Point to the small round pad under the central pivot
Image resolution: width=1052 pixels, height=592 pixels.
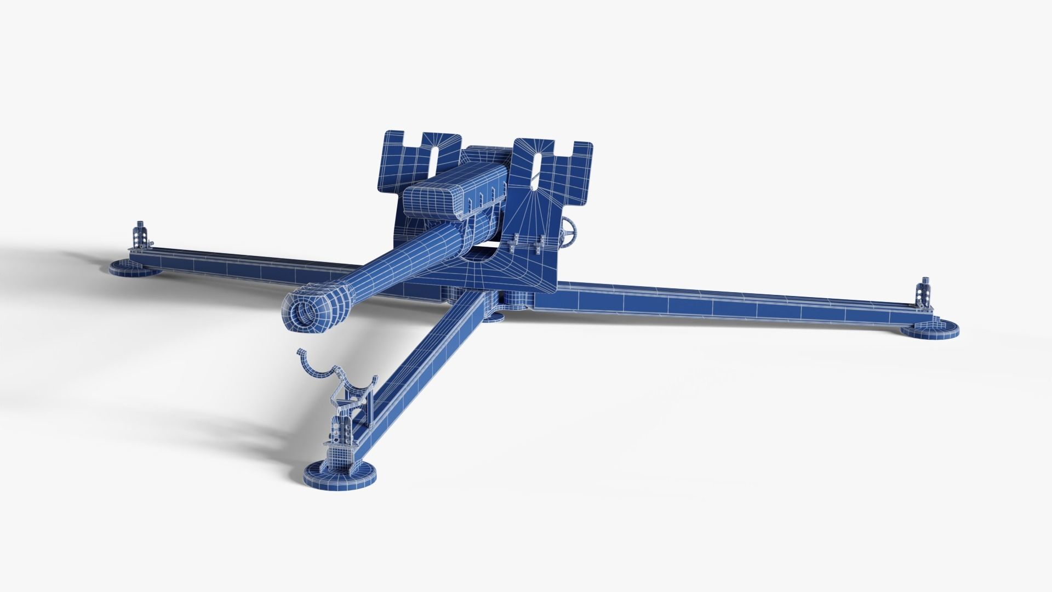tap(492, 317)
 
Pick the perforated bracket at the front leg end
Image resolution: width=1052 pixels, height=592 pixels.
tap(342, 433)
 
